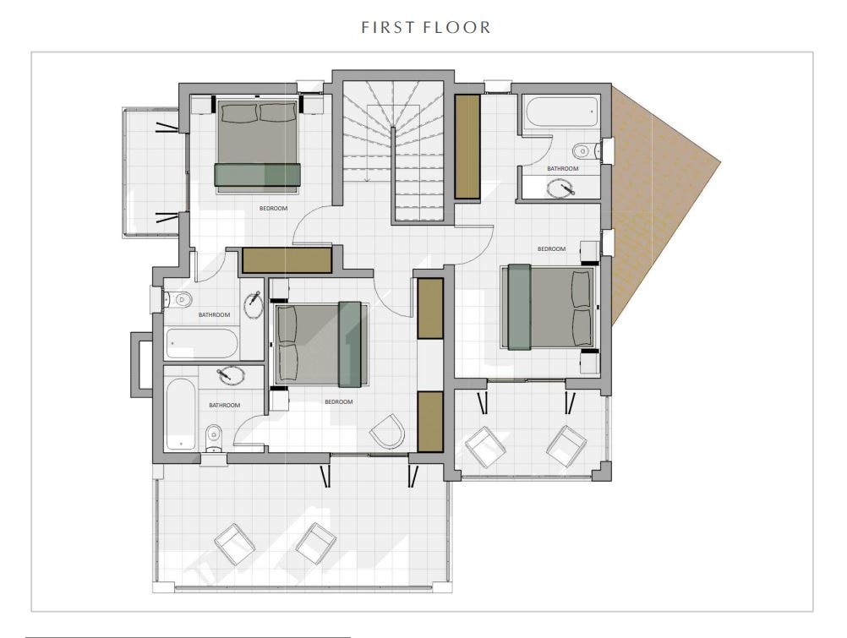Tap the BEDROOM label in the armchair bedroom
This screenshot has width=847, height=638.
[339, 402]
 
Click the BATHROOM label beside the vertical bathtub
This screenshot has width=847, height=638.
[225, 405]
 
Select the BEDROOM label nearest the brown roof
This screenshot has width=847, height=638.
[551, 249]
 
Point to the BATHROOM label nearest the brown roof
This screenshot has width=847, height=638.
[563, 168]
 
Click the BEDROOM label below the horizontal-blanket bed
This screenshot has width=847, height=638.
[273, 209]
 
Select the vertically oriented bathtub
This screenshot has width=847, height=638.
[180, 414]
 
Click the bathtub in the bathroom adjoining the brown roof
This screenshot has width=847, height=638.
[560, 112]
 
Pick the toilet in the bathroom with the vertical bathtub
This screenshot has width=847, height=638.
[215, 437]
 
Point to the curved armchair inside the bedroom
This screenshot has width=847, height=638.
[388, 431]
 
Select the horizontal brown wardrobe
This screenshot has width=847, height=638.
[287, 260]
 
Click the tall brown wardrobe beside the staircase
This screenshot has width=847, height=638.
[467, 147]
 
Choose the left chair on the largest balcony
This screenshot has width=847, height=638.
[235, 544]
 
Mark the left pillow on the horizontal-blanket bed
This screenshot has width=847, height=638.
[238, 113]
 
